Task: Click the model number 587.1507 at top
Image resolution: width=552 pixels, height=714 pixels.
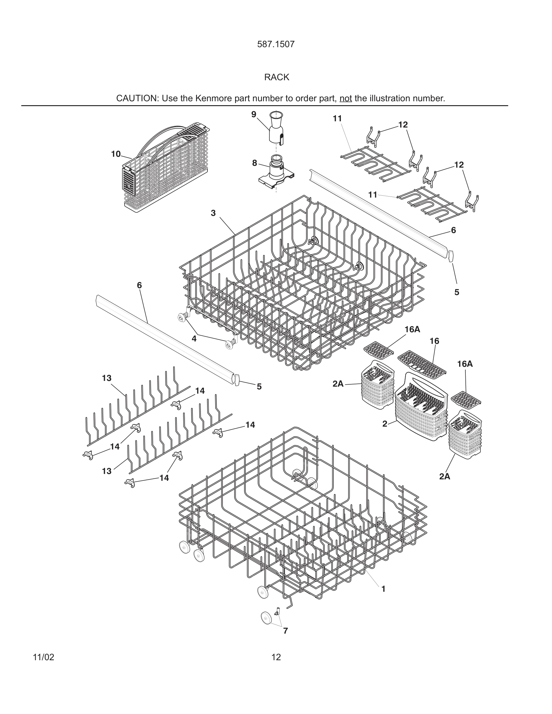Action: (x=276, y=44)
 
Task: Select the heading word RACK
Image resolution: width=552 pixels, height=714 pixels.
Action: (x=277, y=77)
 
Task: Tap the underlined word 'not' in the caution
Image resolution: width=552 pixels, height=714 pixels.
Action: (x=345, y=98)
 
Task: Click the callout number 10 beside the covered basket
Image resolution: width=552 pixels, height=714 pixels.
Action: (x=116, y=154)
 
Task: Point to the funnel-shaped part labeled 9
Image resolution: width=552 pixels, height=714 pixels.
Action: (x=276, y=127)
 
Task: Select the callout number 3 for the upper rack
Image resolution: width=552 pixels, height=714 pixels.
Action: (x=213, y=213)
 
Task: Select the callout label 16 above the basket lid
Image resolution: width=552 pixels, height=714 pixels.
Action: (x=434, y=341)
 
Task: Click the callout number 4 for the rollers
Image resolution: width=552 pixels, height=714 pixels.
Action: (x=194, y=339)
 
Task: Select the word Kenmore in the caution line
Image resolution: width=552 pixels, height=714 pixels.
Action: (x=213, y=98)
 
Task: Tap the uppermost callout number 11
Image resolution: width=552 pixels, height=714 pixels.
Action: (x=337, y=119)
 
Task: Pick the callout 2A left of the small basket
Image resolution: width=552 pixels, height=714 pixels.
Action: (x=338, y=384)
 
